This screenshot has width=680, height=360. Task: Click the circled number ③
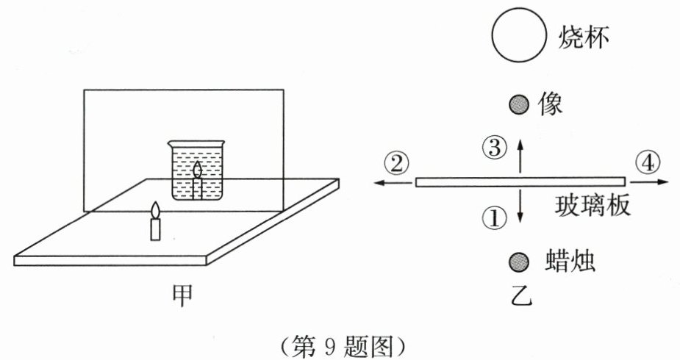(495, 147)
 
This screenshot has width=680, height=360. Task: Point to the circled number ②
(396, 163)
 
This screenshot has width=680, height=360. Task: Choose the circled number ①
(495, 216)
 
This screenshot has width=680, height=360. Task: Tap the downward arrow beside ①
(520, 206)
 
